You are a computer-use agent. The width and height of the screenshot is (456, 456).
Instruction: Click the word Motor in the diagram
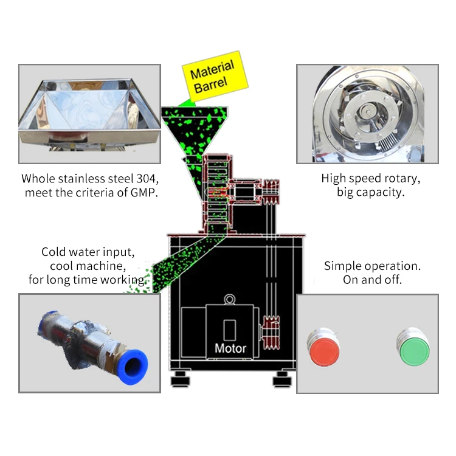[230, 348]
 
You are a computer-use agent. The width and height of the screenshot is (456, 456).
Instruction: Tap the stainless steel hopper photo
[89, 114]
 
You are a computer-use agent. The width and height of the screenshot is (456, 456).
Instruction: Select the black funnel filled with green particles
[194, 131]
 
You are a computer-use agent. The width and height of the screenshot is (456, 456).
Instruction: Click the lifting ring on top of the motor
[230, 299]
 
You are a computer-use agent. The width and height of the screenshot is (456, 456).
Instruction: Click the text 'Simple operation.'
[372, 266]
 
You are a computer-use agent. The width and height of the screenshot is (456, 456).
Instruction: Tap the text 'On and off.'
[372, 280]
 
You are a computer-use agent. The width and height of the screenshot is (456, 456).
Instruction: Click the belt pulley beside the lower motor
[268, 332]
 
